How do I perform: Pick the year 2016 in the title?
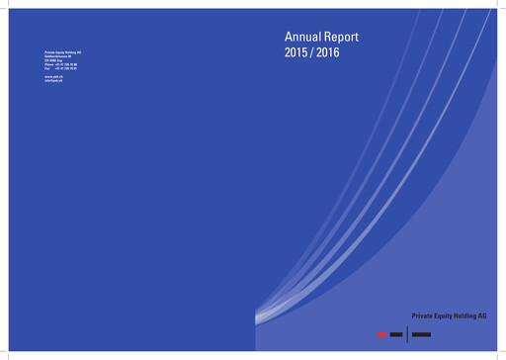(327, 52)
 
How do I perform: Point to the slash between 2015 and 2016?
(312, 52)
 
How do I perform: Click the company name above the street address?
(63, 50)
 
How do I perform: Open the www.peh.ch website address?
(54, 75)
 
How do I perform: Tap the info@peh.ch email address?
(54, 79)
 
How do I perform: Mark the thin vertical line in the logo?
(406, 333)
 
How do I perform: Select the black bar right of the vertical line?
(421, 335)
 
